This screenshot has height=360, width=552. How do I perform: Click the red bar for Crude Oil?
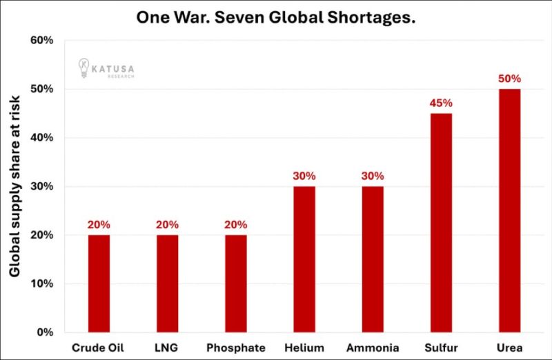(x=99, y=283)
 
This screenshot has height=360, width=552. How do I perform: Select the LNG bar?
(x=167, y=283)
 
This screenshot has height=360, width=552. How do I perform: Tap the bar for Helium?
(x=304, y=259)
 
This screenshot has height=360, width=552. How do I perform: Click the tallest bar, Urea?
(x=509, y=210)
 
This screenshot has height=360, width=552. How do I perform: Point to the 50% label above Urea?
(x=509, y=79)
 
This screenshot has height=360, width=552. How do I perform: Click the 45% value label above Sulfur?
(x=441, y=103)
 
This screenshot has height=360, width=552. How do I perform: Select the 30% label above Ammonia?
(x=373, y=176)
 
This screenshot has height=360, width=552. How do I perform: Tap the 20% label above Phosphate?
(x=235, y=224)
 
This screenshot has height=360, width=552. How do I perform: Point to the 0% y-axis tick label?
(x=46, y=332)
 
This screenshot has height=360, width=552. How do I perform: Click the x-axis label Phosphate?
(x=235, y=348)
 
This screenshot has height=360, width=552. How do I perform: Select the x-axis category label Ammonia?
(x=373, y=348)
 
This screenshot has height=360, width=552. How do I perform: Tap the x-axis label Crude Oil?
(x=99, y=348)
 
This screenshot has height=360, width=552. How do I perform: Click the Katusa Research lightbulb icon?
(x=83, y=68)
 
